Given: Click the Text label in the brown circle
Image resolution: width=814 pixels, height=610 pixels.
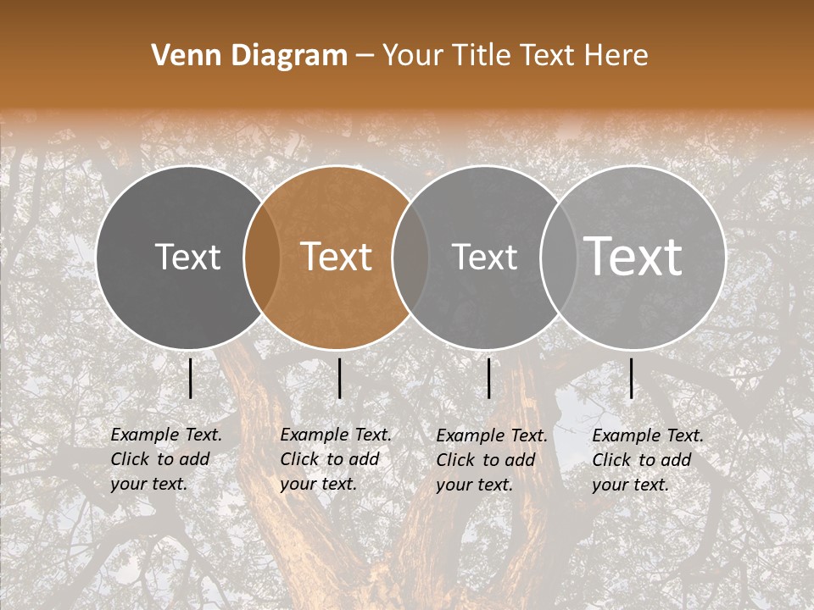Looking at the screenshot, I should [337, 257].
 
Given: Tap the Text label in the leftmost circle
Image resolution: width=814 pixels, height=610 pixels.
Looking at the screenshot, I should [188, 257].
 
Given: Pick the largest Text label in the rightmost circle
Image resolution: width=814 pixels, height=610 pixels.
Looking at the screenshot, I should [633, 256].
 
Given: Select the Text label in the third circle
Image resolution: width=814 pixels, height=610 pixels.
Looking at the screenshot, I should [485, 257].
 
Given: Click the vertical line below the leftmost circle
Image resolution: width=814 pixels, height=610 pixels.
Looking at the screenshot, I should [190, 378].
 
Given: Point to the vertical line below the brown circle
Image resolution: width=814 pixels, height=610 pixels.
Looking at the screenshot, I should [339, 378].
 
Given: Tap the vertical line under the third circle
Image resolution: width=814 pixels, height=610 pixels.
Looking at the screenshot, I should [488, 378].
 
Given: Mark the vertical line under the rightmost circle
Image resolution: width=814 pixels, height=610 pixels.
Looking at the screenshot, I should [631, 378].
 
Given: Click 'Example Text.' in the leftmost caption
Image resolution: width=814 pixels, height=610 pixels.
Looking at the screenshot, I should [166, 435].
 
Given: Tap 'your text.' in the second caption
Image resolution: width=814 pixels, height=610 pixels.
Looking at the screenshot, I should [318, 484].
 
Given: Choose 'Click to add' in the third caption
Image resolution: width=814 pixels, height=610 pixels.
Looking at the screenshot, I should [486, 460].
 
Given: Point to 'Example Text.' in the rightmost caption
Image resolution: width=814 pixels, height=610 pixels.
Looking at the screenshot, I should [648, 435].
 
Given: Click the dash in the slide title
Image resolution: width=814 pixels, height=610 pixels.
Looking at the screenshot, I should [365, 56].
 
